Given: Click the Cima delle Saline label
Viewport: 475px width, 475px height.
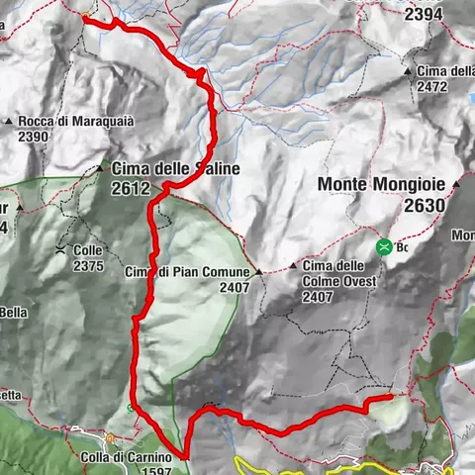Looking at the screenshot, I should (175, 169).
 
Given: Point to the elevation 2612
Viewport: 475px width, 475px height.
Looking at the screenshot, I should (131, 188).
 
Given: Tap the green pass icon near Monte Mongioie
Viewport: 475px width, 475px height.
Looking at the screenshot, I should (383, 247).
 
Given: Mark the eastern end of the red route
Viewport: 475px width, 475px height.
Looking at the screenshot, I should (391, 398).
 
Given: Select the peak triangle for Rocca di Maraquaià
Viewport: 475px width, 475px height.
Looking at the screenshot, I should (9, 122).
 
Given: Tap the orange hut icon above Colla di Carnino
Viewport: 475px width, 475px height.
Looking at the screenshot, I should (111, 436).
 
